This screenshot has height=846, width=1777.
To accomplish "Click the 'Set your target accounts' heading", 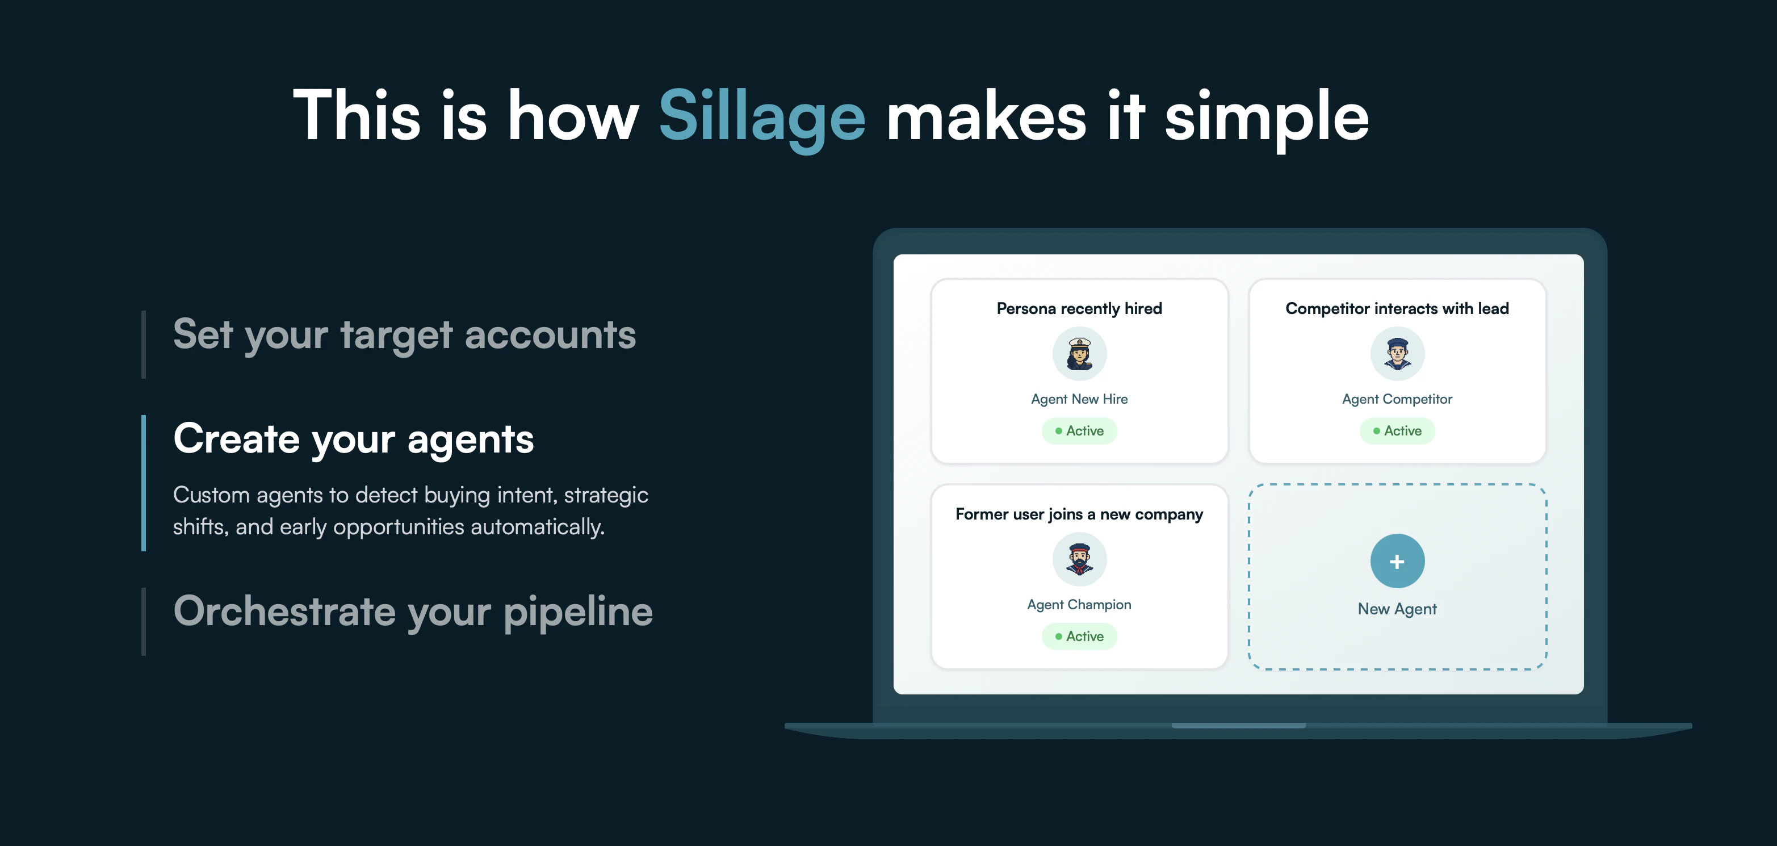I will [x=404, y=336].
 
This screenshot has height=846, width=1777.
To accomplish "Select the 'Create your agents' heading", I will [x=353, y=439].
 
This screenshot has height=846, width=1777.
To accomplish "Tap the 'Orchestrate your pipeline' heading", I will [x=413, y=612].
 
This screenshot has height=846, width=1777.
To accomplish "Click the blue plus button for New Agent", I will [x=1397, y=561].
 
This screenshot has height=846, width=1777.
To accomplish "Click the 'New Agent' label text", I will [x=1397, y=609].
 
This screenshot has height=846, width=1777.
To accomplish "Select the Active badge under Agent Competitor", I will [x=1397, y=430].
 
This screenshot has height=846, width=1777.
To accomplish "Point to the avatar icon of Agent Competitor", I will [x=1397, y=353].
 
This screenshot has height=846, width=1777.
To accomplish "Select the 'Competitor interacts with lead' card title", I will [x=1397, y=308].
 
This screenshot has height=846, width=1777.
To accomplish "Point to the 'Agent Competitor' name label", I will [x=1397, y=399].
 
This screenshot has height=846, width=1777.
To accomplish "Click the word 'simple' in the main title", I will [x=1267, y=118].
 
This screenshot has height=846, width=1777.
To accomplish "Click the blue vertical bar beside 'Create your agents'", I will [x=144, y=483].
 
